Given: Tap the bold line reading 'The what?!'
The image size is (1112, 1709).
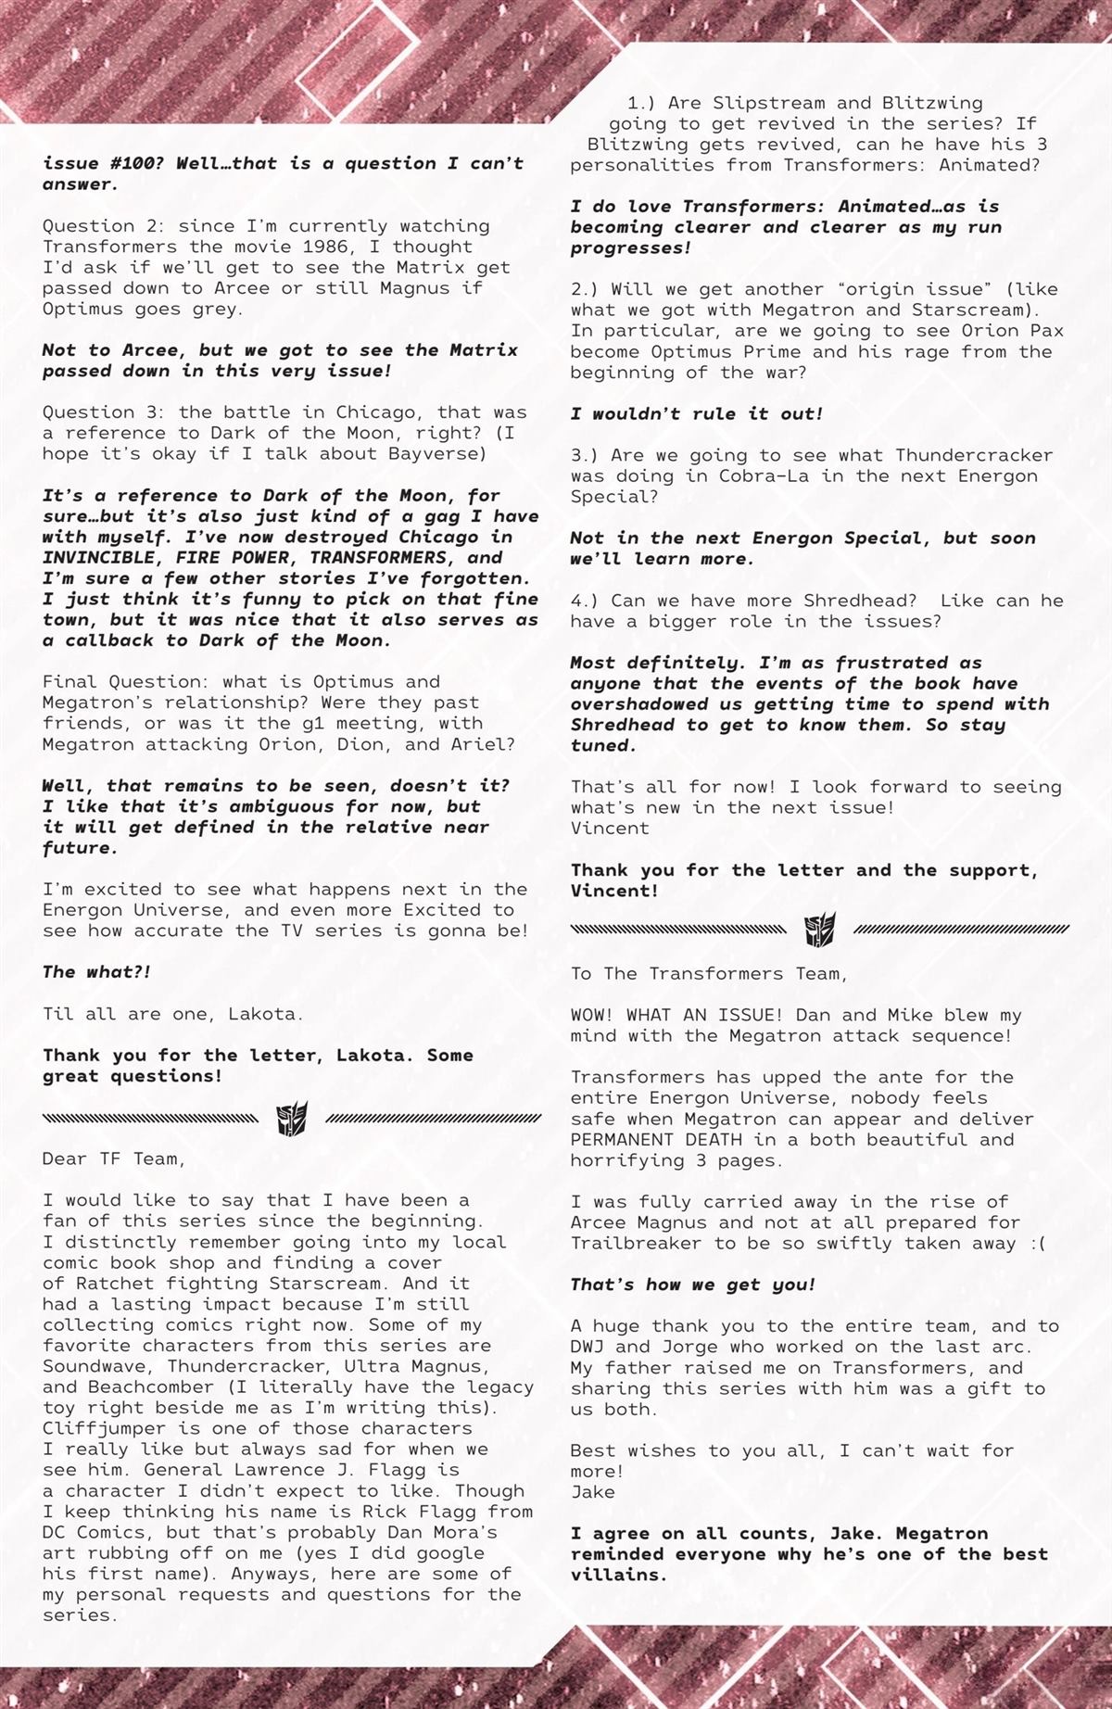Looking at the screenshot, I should click(x=96, y=971).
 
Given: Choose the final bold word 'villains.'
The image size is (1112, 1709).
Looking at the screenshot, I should click(x=619, y=1575).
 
